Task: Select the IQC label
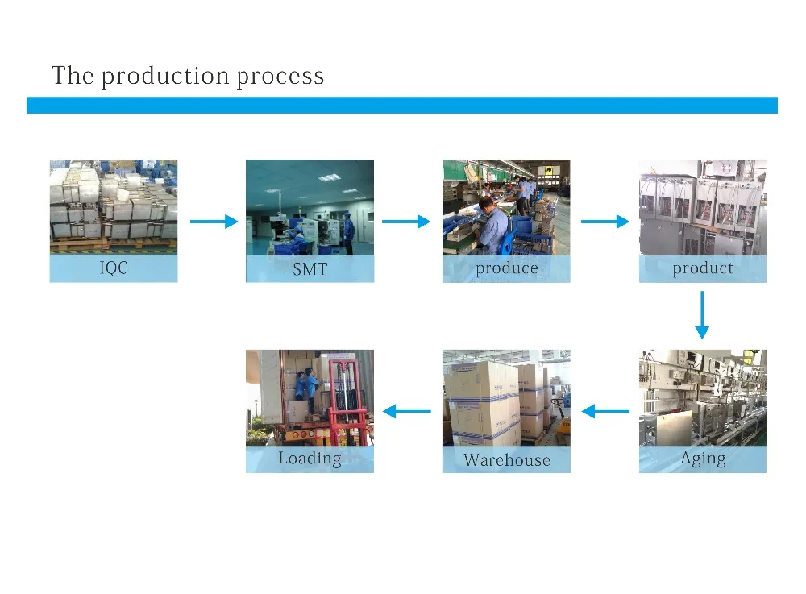(114, 268)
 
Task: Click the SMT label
(310, 268)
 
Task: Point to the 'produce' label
(507, 268)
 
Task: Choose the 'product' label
(703, 268)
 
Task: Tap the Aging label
(703, 459)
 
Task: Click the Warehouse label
(507, 459)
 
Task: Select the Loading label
(310, 459)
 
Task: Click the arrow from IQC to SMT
(214, 222)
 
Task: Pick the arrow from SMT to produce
(406, 222)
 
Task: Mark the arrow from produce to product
(605, 222)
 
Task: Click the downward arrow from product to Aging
(702, 315)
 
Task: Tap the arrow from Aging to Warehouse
(605, 411)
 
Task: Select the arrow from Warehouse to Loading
(407, 411)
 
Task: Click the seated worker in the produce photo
(492, 226)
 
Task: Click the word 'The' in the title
(73, 75)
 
